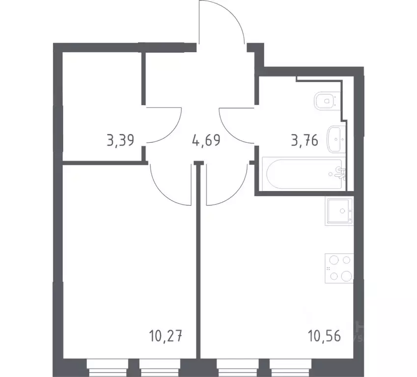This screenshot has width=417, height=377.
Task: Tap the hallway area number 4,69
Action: pos(206,141)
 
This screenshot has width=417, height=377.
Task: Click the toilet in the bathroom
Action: pos(325,101)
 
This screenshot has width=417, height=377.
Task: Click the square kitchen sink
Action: pos(338,211)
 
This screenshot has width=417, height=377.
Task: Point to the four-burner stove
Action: pos(339,268)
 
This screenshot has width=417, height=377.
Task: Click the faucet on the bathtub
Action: pos(338,172)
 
